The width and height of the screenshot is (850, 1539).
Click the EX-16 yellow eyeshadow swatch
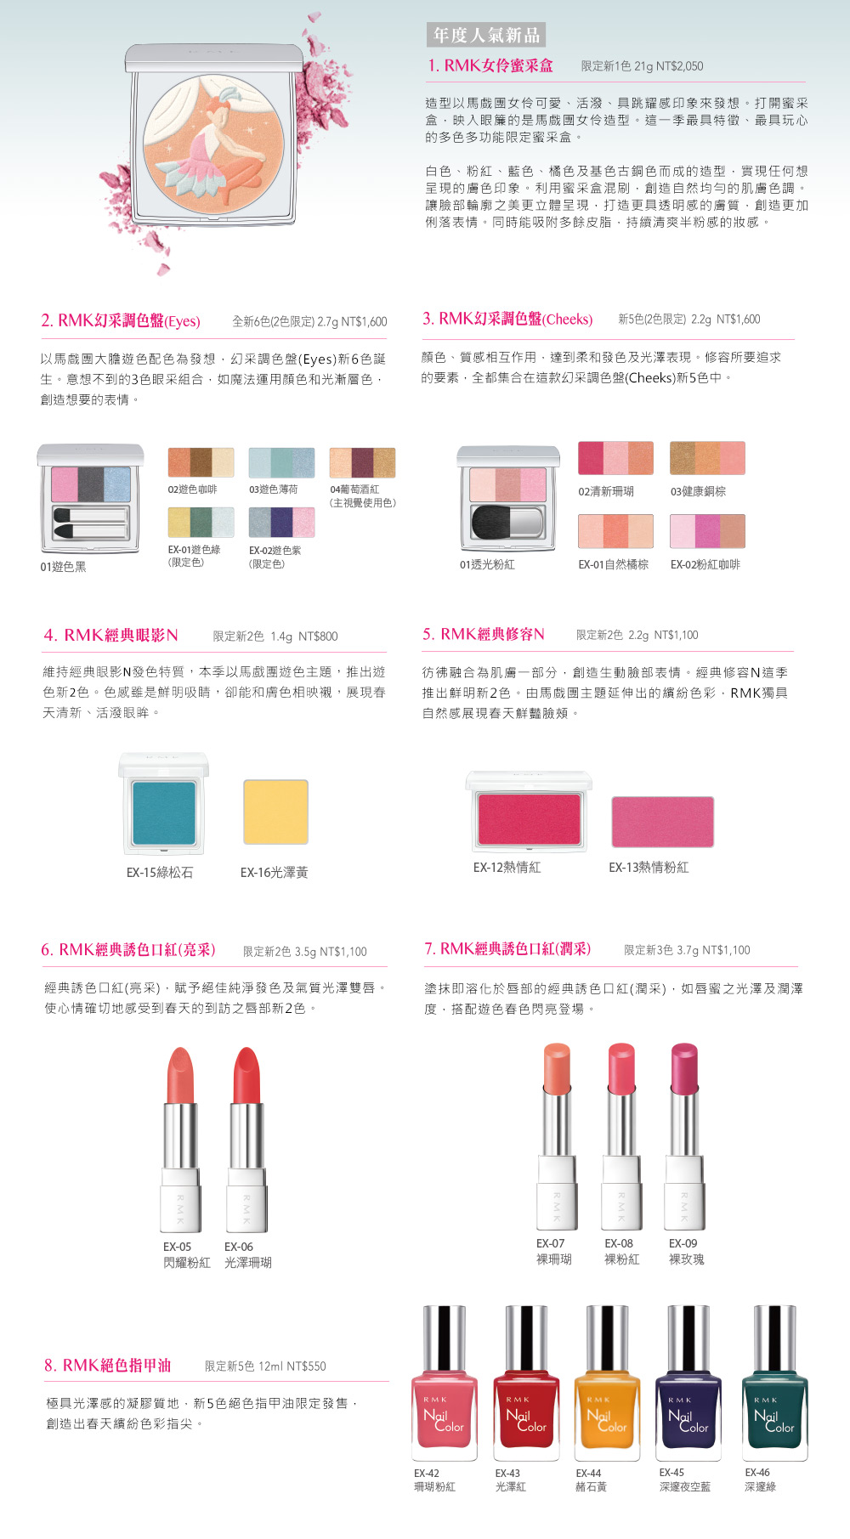(x=275, y=812)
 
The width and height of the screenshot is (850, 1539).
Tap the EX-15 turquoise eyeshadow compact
(x=164, y=804)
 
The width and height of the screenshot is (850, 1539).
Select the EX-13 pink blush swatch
(x=662, y=822)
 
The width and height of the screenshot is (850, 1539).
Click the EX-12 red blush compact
(x=529, y=812)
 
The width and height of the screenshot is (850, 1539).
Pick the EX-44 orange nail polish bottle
(x=608, y=1383)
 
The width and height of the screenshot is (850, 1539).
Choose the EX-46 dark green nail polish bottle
(x=774, y=1383)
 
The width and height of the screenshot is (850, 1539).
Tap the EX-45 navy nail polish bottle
(x=688, y=1383)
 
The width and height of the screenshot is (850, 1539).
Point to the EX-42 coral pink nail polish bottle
(x=445, y=1383)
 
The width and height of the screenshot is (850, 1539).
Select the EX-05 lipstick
(x=181, y=1140)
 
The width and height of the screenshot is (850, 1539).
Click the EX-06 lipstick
(x=247, y=1140)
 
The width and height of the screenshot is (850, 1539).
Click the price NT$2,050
(x=679, y=66)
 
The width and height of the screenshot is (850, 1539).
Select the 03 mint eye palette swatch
(x=281, y=463)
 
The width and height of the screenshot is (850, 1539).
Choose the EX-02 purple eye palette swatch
(x=281, y=523)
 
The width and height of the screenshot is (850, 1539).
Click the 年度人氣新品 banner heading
(x=486, y=35)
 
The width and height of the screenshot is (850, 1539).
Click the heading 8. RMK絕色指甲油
(x=108, y=1366)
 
